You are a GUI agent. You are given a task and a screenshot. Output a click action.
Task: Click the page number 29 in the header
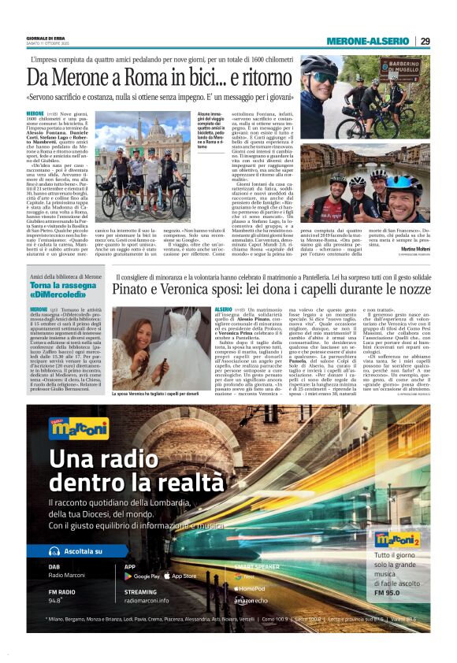(425, 42)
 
